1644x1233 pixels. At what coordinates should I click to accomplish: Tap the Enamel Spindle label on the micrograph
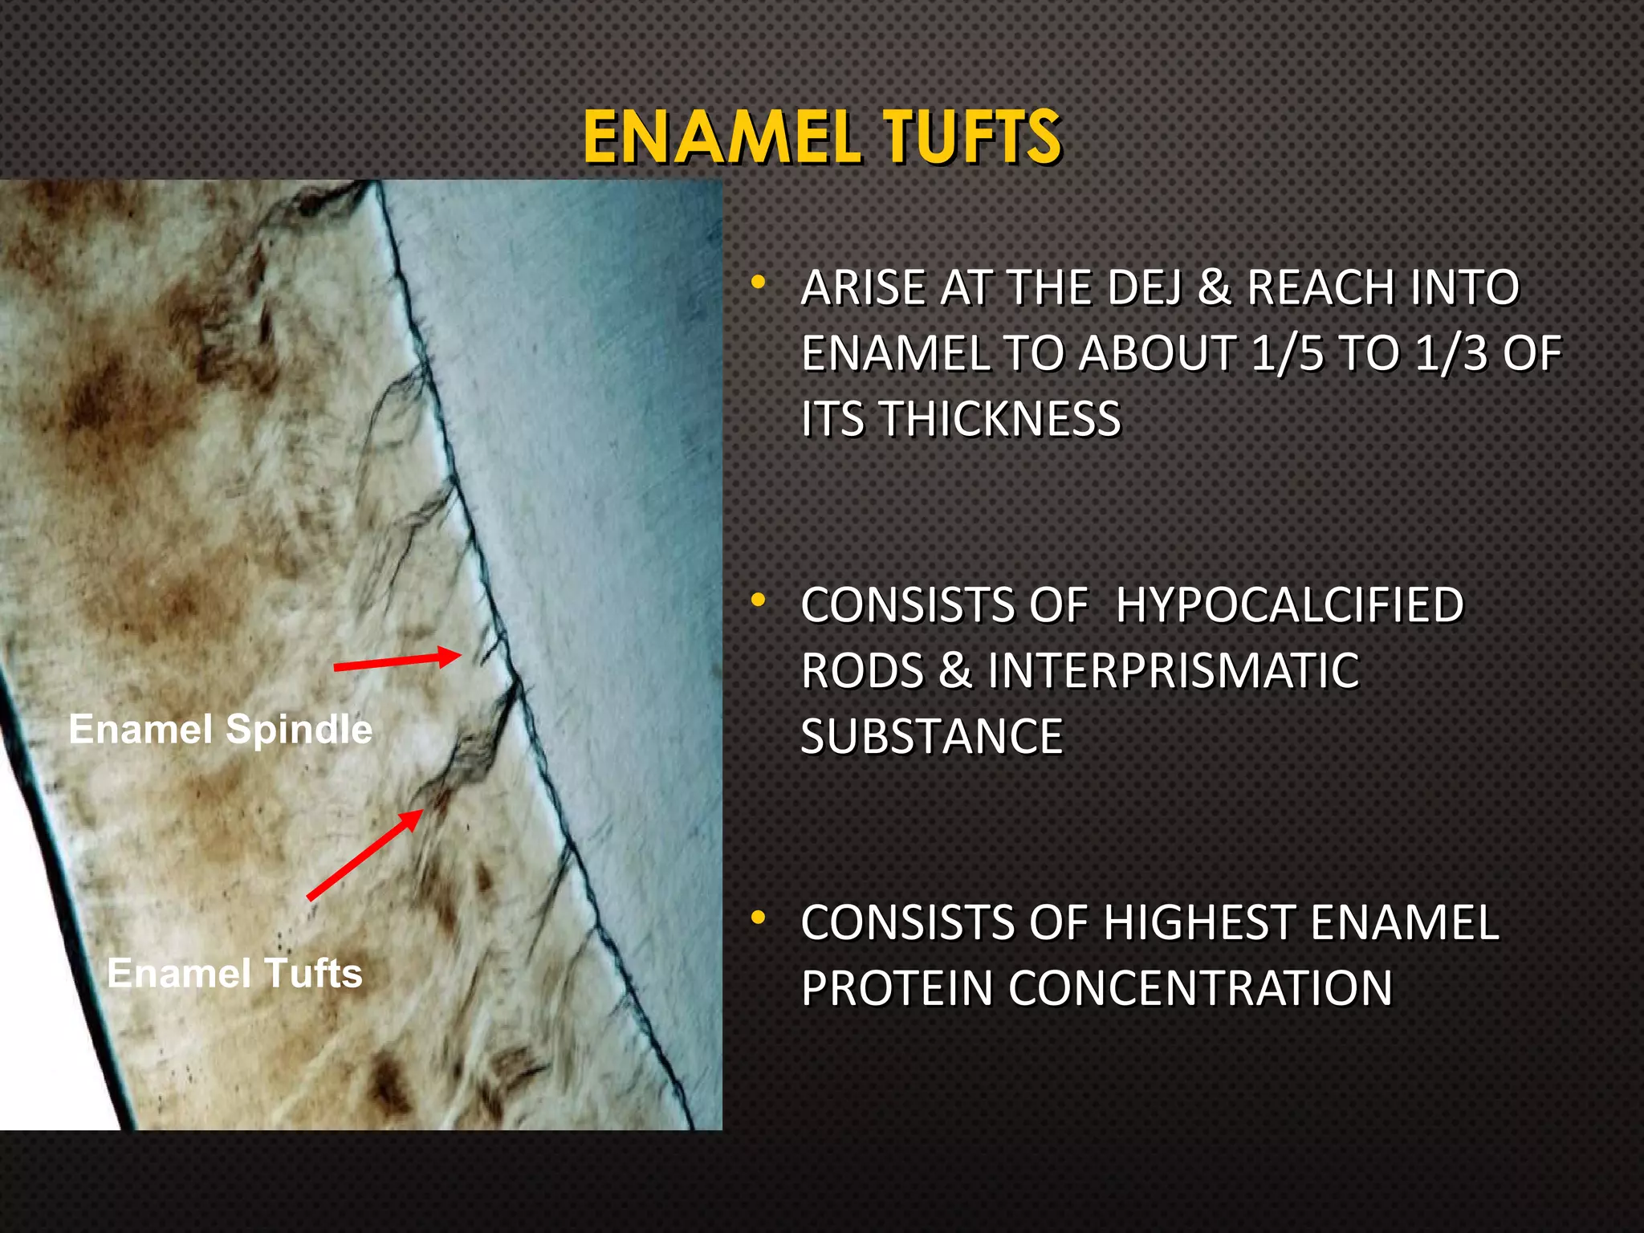(221, 730)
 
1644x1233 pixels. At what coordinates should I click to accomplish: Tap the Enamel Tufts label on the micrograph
(234, 973)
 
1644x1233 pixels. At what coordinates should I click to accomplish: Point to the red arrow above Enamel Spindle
(397, 661)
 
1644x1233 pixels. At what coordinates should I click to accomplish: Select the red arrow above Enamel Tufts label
(365, 855)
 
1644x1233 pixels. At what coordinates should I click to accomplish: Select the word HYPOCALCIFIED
(1290, 605)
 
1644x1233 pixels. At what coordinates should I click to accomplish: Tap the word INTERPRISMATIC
(1174, 671)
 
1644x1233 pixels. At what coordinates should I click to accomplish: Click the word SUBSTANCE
(932, 737)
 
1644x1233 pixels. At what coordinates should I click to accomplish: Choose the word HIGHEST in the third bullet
(1199, 922)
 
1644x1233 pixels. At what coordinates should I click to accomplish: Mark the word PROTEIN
(897, 988)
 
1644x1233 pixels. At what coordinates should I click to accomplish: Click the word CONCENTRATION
(1200, 988)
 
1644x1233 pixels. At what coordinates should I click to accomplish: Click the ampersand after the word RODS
(954, 671)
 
